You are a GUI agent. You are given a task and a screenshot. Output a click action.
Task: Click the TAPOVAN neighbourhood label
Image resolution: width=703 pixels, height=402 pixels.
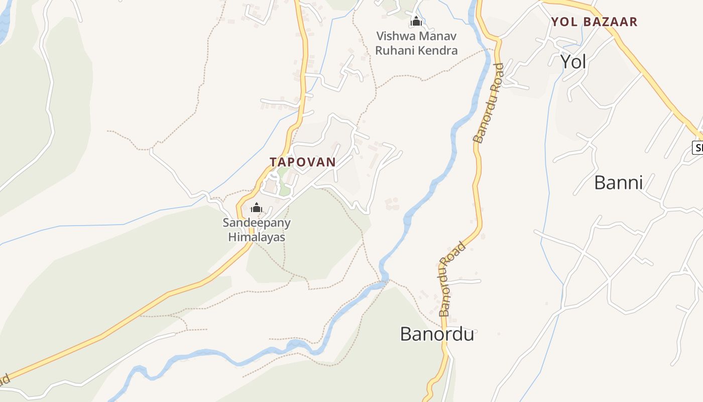coord(302,162)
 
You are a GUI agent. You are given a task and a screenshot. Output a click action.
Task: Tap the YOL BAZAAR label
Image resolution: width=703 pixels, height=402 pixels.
coord(594,22)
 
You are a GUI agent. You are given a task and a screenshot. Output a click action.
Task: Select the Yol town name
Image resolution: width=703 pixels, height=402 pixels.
coord(573,61)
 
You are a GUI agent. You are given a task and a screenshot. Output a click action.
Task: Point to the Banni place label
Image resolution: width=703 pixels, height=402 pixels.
coord(618,182)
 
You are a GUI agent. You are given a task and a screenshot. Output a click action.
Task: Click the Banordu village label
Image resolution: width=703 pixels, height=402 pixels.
coord(437,334)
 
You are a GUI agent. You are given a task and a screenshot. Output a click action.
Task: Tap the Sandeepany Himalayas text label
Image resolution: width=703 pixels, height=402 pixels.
coord(257,230)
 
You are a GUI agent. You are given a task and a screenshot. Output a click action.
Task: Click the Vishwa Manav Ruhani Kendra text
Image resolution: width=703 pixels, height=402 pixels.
coord(416,43)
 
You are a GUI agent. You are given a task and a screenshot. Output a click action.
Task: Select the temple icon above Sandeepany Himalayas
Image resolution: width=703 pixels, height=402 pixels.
coord(257,208)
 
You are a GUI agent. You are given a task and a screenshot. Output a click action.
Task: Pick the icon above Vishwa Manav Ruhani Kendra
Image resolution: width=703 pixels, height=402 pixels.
coord(416,22)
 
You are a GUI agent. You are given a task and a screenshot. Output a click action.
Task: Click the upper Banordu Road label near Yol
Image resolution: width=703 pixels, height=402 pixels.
coord(488,103)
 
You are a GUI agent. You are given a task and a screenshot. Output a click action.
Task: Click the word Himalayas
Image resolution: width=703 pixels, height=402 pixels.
coord(257,237)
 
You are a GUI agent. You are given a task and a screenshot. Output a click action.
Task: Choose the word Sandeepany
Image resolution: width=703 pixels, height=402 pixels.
coord(257,223)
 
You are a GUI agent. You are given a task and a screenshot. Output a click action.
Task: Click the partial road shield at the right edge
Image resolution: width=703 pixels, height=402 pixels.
coord(697,148)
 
